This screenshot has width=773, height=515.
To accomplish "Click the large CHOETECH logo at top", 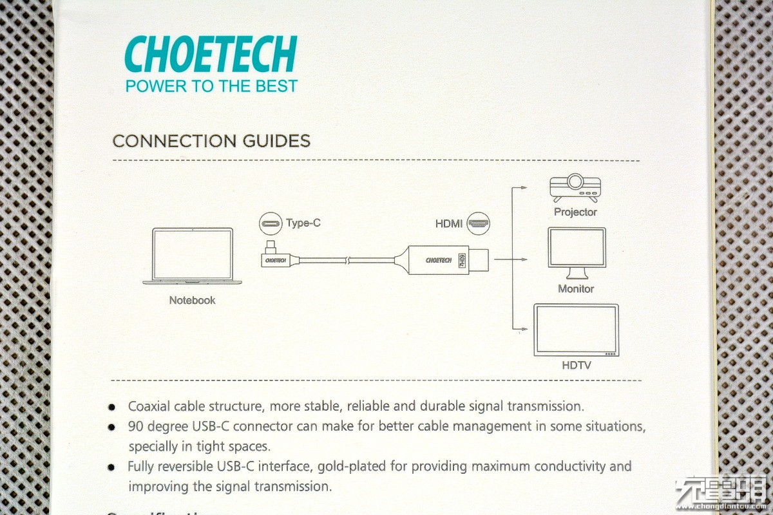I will coord(210,54).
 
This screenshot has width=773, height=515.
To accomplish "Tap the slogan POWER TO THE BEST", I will coord(211,86).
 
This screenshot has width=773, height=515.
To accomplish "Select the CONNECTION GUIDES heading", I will coord(211,141).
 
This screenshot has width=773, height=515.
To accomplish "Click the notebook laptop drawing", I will coord(193,256).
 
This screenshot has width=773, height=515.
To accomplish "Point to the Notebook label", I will coord(192,300).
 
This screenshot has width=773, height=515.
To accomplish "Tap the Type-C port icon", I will coord(271,224).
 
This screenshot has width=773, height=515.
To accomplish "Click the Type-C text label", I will coord(303,223).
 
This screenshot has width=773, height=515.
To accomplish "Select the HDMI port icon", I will coord(479,224).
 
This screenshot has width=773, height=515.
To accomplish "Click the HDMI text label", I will coord(449,224).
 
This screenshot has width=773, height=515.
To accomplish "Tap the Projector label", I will coord(575,212).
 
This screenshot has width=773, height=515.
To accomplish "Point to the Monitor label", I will coord(576,289).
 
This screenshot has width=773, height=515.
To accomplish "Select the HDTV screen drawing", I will coord(576,330).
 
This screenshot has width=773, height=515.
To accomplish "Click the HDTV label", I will coord(576,366).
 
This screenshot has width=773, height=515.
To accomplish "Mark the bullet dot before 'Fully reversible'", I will coord(112,467).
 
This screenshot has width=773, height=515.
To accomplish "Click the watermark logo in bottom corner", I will coord(720,494).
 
